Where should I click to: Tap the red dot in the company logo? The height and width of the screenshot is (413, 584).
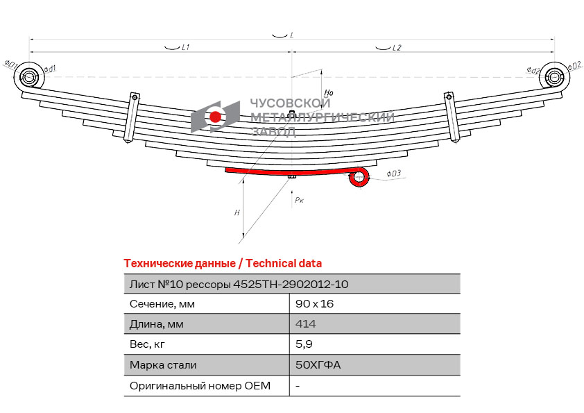pyautogui.click(x=215, y=117)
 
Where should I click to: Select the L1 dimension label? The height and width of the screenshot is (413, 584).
pyautogui.click(x=185, y=48)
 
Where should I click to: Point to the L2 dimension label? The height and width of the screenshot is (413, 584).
pyautogui.click(x=397, y=48)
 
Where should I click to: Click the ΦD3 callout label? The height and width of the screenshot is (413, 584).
pyautogui.click(x=393, y=174)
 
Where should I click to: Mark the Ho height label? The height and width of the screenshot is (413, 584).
pyautogui.click(x=329, y=92)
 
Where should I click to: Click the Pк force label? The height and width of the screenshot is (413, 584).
pyautogui.click(x=299, y=200)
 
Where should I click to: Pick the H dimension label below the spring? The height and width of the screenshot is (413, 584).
pyautogui.click(x=237, y=213)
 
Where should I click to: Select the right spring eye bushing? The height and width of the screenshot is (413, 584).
pyautogui.click(x=555, y=77)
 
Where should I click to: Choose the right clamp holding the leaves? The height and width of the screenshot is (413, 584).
pyautogui.click(x=452, y=117)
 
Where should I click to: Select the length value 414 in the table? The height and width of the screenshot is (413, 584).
pyautogui.click(x=305, y=324)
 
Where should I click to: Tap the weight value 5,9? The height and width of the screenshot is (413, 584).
pyautogui.click(x=304, y=344)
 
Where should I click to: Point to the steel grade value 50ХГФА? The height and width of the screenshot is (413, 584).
pyautogui.click(x=318, y=364)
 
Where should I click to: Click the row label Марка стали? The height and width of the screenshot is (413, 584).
pyautogui.click(x=163, y=365)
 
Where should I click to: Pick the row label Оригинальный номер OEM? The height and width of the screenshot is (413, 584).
pyautogui.click(x=200, y=386)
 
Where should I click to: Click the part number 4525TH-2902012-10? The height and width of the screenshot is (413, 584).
pyautogui.click(x=291, y=285)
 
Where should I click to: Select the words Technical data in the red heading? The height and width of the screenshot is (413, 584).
pyautogui.click(x=284, y=264)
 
